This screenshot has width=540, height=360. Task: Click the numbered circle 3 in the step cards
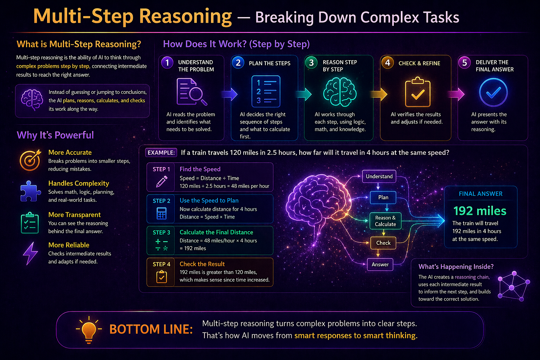pyautogui.click(x=311, y=63)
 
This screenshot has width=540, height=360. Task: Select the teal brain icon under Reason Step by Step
pyautogui.click(x=340, y=92)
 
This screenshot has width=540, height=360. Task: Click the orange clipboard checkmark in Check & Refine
pyautogui.click(x=417, y=92)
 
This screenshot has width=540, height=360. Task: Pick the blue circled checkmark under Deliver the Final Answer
pyautogui.click(x=493, y=92)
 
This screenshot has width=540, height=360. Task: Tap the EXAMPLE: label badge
pyautogui.click(x=161, y=153)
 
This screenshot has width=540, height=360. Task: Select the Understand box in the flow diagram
pyautogui.click(x=379, y=176)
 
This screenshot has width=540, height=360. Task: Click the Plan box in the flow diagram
pyautogui.click(x=383, y=198)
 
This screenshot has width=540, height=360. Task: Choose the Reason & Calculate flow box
pyautogui.click(x=385, y=221)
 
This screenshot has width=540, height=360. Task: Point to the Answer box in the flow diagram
pyautogui.click(x=380, y=265)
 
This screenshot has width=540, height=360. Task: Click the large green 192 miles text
pyautogui.click(x=480, y=211)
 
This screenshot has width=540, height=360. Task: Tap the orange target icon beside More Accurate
pyautogui.click(x=30, y=160)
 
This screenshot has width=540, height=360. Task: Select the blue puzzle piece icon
pyautogui.click(x=30, y=191)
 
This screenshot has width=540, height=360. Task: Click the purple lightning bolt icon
pyautogui.click(x=30, y=254)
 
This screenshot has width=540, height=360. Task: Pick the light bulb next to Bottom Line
pyautogui.click(x=89, y=330)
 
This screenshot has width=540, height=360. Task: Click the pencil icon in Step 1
pyautogui.click(x=162, y=181)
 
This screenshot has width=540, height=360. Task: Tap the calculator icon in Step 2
pyautogui.click(x=162, y=213)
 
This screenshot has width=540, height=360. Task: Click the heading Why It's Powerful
pyautogui.click(x=55, y=135)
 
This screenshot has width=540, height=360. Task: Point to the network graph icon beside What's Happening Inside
pyautogui.click(x=514, y=286)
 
